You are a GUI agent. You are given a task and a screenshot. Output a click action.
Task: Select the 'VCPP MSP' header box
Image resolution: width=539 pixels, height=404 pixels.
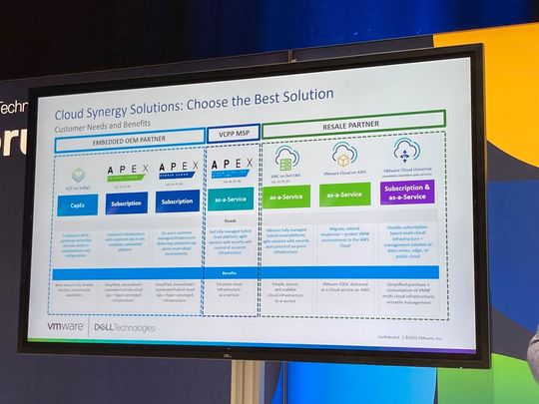[x=233, y=131]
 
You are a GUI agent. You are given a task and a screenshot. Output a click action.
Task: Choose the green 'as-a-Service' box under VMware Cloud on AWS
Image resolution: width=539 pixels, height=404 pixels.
[x=344, y=196]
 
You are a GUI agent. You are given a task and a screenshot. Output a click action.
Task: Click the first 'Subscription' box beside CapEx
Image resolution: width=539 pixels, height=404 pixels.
[x=127, y=202]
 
